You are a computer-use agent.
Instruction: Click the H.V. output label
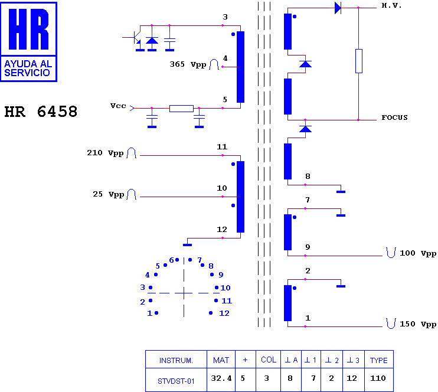point(391,5)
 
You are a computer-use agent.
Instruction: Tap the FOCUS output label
point(394,117)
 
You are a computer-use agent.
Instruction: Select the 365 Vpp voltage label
point(188,64)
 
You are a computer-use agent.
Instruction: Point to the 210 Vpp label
point(105,153)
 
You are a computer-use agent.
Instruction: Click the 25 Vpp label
point(109,194)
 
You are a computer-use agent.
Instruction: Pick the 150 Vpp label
point(418,324)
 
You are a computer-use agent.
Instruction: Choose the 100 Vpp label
point(418,253)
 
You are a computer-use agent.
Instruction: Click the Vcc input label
point(118,106)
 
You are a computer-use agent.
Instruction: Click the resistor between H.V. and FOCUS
point(359,61)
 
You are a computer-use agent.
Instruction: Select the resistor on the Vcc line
point(182,109)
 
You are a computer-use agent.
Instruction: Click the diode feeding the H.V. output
point(338,8)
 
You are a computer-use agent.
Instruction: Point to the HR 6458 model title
point(41,112)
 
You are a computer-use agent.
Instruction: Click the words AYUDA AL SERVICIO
point(28,68)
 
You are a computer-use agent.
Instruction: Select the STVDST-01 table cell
point(176,381)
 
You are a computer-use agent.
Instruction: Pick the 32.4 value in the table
point(221,378)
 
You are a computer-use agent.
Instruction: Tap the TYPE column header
point(379,361)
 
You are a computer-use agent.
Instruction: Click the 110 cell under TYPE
point(378,378)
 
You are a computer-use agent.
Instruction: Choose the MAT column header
point(221,361)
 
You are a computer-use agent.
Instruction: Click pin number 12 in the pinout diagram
point(224,313)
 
